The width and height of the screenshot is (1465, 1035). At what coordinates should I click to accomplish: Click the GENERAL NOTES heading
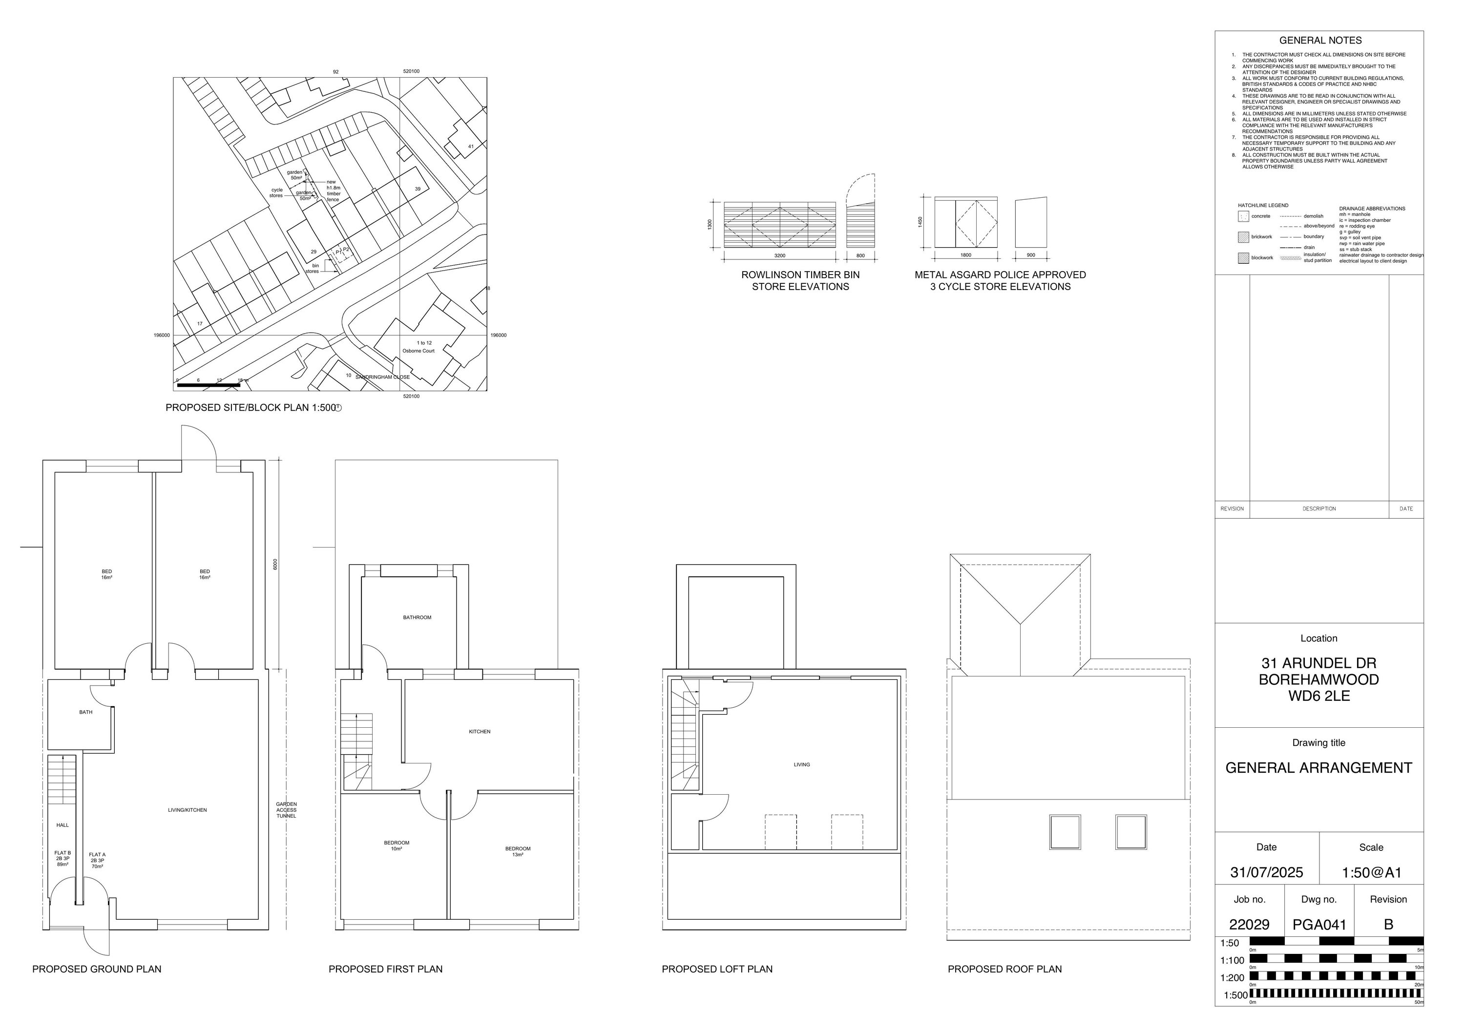1319,40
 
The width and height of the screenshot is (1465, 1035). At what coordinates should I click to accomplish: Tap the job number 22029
1249,925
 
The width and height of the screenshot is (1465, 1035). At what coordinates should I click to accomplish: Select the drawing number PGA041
1319,925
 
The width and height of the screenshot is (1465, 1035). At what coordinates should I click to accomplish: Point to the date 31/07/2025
1266,872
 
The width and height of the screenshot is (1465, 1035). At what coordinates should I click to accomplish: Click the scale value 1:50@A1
1371,872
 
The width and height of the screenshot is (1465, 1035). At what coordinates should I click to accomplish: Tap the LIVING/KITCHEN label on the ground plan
187,810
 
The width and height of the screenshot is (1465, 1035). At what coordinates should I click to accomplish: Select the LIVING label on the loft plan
801,764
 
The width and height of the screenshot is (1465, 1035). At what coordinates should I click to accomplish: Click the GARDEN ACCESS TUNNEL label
287,810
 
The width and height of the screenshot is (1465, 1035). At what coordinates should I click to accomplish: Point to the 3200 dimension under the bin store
780,255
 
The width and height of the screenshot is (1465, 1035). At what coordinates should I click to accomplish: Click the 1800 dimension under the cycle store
965,255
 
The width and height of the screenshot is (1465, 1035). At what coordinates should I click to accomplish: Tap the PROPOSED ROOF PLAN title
1005,969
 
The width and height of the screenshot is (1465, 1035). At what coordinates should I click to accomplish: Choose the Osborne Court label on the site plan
418,351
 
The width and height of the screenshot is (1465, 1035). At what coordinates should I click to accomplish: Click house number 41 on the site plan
471,147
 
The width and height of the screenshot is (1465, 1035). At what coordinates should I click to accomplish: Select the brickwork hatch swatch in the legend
1243,237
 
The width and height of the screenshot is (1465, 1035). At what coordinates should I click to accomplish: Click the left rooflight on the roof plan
1065,832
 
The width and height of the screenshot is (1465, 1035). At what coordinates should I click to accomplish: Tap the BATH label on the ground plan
85,712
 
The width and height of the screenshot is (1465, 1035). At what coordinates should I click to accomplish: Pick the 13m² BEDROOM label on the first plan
518,851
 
